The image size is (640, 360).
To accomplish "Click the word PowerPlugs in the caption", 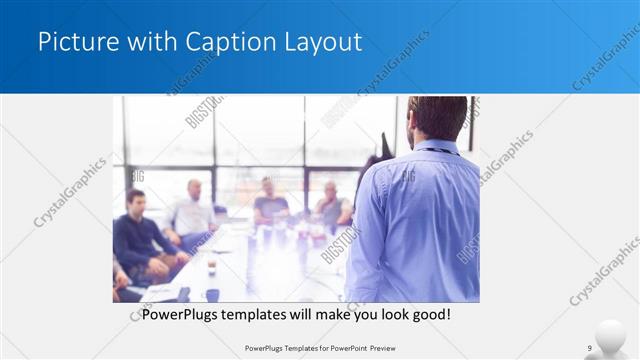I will tap(178, 314).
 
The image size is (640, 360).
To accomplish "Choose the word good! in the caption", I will tap(428, 314).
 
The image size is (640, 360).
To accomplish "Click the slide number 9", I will tap(589, 348).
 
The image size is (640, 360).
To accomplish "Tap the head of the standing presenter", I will tap(438, 118).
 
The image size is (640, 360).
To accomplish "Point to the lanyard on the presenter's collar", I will tap(440, 150).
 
